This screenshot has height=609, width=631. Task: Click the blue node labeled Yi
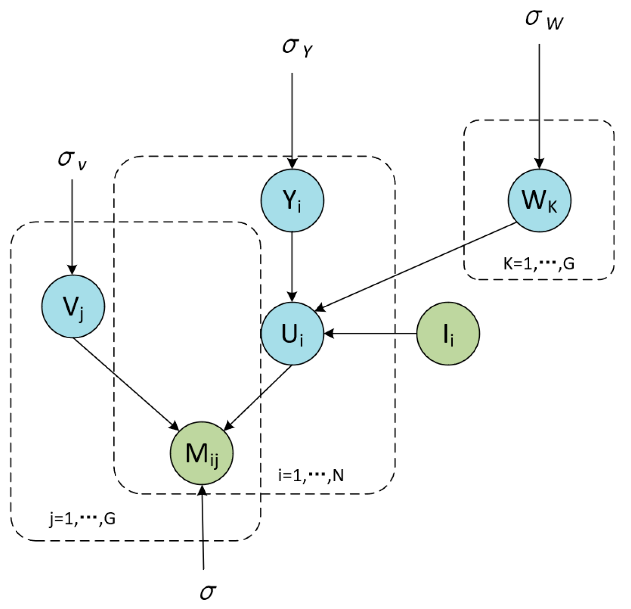[x=292, y=200]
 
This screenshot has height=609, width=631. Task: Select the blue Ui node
[x=292, y=334]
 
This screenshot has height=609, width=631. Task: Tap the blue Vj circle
[x=73, y=306]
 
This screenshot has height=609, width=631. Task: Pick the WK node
[x=539, y=200]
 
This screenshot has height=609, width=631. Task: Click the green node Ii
[x=448, y=334]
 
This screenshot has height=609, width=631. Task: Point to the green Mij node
[x=202, y=453]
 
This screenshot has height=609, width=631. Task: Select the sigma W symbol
[x=544, y=20]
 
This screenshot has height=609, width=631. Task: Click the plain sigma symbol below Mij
[x=208, y=592]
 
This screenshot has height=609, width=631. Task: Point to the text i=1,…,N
[x=311, y=475]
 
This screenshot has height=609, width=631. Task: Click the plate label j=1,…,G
[x=82, y=519]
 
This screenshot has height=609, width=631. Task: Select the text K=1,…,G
[x=539, y=263]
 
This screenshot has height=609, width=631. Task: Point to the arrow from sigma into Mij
[x=203, y=526]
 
